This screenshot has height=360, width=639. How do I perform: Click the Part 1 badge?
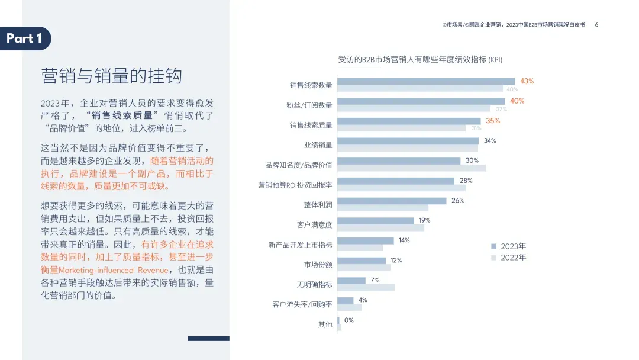(x=25, y=38)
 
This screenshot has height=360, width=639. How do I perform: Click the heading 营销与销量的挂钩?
(x=111, y=76)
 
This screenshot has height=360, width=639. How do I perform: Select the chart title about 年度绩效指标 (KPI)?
(x=420, y=59)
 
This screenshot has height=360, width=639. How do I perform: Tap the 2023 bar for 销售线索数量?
(x=426, y=82)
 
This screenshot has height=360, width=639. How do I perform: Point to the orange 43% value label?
(x=527, y=81)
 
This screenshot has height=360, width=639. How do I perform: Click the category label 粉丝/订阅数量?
(x=309, y=105)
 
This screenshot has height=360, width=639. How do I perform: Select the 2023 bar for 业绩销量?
(x=408, y=141)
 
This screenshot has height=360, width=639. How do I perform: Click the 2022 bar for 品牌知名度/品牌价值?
(x=412, y=168)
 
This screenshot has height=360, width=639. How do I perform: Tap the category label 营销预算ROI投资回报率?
(x=295, y=185)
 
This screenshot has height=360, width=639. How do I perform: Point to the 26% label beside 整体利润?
(x=458, y=200)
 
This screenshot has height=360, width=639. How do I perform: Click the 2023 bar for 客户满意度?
(x=376, y=221)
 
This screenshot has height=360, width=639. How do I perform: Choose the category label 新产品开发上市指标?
(x=300, y=245)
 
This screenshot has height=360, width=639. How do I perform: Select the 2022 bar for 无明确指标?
(x=366, y=288)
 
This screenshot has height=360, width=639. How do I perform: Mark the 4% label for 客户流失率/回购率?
(x=363, y=300)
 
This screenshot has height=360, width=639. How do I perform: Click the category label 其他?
(x=325, y=324)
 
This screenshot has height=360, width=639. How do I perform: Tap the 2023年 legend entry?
(x=508, y=246)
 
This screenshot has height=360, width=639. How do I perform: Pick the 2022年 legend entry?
(x=508, y=258)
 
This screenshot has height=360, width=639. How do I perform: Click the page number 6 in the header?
(x=596, y=25)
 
